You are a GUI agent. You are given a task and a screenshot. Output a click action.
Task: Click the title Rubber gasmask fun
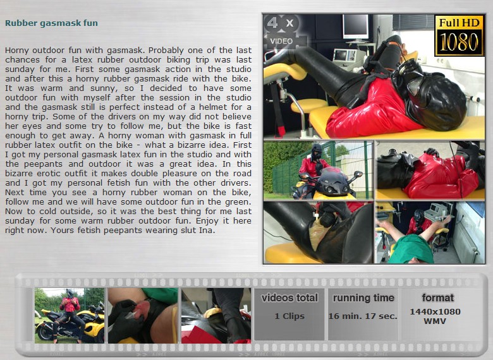coord(52,23)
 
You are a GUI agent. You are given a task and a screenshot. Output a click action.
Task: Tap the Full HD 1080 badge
coord(459,36)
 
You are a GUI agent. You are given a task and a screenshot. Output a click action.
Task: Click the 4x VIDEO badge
coord(282,32)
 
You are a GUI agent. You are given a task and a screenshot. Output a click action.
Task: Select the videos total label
coord(289,297)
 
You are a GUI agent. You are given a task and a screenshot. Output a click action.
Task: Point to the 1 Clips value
coord(289,316)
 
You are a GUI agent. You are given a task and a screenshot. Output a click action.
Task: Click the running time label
coord(363,298)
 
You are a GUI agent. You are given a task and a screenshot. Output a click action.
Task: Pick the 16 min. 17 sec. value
coord(363,316)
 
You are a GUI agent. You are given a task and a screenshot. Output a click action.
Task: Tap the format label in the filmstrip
coord(437,297)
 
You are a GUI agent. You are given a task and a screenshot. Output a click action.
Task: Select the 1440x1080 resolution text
coord(435,311)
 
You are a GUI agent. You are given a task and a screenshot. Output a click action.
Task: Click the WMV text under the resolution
coord(435,321)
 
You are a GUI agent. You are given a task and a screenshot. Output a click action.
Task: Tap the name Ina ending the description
coord(207,231)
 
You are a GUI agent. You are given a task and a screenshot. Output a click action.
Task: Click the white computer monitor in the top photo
coord(355,27)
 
